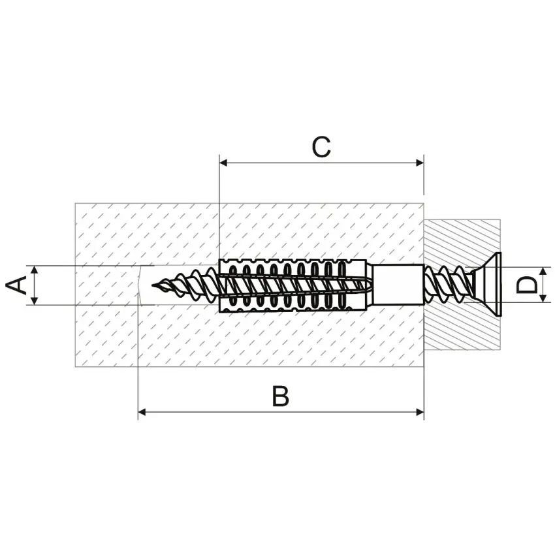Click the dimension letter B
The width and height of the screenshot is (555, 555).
point(281,396)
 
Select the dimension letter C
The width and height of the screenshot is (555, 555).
point(321,147)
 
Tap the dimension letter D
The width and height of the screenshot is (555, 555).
point(527,285)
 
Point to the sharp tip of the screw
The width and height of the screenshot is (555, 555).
point(153,285)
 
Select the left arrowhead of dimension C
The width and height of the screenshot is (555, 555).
point(223,163)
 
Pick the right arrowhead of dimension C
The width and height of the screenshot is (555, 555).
point(420,163)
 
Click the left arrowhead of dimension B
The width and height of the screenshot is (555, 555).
point(142,412)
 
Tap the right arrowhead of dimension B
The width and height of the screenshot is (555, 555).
point(420,412)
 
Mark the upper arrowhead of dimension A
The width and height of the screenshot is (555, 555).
point(34,270)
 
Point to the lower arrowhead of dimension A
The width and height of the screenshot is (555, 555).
point(34,300)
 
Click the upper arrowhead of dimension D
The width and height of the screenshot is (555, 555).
point(544,272)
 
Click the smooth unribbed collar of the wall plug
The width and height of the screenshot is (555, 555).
point(398,285)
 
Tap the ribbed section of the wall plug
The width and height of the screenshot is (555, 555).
point(293,285)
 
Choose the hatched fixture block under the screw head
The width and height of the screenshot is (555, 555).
point(462,285)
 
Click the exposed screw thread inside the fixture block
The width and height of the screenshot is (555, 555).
point(449,285)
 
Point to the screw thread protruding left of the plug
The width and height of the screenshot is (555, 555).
point(186,285)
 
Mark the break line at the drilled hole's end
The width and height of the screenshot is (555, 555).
point(140,285)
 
